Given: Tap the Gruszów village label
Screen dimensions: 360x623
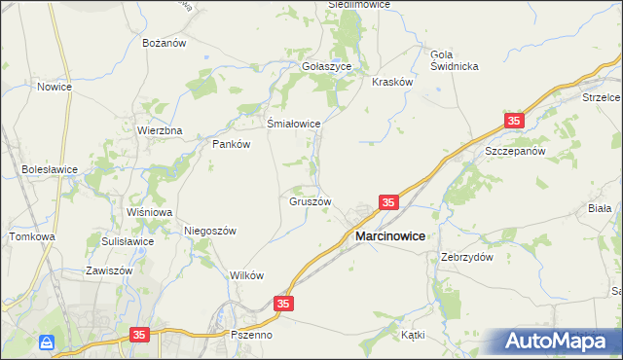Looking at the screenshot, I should pyautogui.click(x=311, y=202).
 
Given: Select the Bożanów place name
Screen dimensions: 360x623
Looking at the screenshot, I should pyautogui.click(x=165, y=44).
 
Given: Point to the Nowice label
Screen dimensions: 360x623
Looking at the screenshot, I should pyautogui.click(x=55, y=87).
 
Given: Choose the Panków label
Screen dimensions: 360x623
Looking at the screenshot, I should pyautogui.click(x=232, y=144).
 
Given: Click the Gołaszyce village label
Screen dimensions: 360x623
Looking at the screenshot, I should pyautogui.click(x=333, y=67).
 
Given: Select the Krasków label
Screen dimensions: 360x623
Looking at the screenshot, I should pyautogui.click(x=393, y=82).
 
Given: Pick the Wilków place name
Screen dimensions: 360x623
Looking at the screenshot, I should pyautogui.click(x=247, y=275).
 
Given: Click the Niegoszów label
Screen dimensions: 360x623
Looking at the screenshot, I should pyautogui.click(x=211, y=231).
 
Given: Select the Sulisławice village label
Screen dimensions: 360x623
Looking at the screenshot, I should pyautogui.click(x=128, y=241).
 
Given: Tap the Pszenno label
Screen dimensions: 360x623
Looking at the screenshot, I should pyautogui.click(x=252, y=335).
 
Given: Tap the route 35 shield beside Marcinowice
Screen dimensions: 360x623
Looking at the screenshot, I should pyautogui.click(x=388, y=202).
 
